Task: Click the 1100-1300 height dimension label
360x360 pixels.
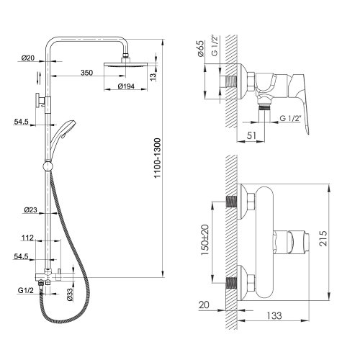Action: [157, 158]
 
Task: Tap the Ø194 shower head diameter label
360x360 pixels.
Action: [126, 86]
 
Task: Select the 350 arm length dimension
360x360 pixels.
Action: [86, 73]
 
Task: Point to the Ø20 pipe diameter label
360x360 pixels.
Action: [28, 58]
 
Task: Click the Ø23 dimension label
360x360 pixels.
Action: [31, 210]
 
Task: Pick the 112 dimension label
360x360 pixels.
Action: [27, 238]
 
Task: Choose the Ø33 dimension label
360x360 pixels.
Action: [70, 294]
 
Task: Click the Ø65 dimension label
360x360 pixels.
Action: [200, 48]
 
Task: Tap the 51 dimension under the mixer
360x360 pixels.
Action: [251, 135]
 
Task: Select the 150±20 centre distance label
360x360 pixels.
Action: [204, 240]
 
